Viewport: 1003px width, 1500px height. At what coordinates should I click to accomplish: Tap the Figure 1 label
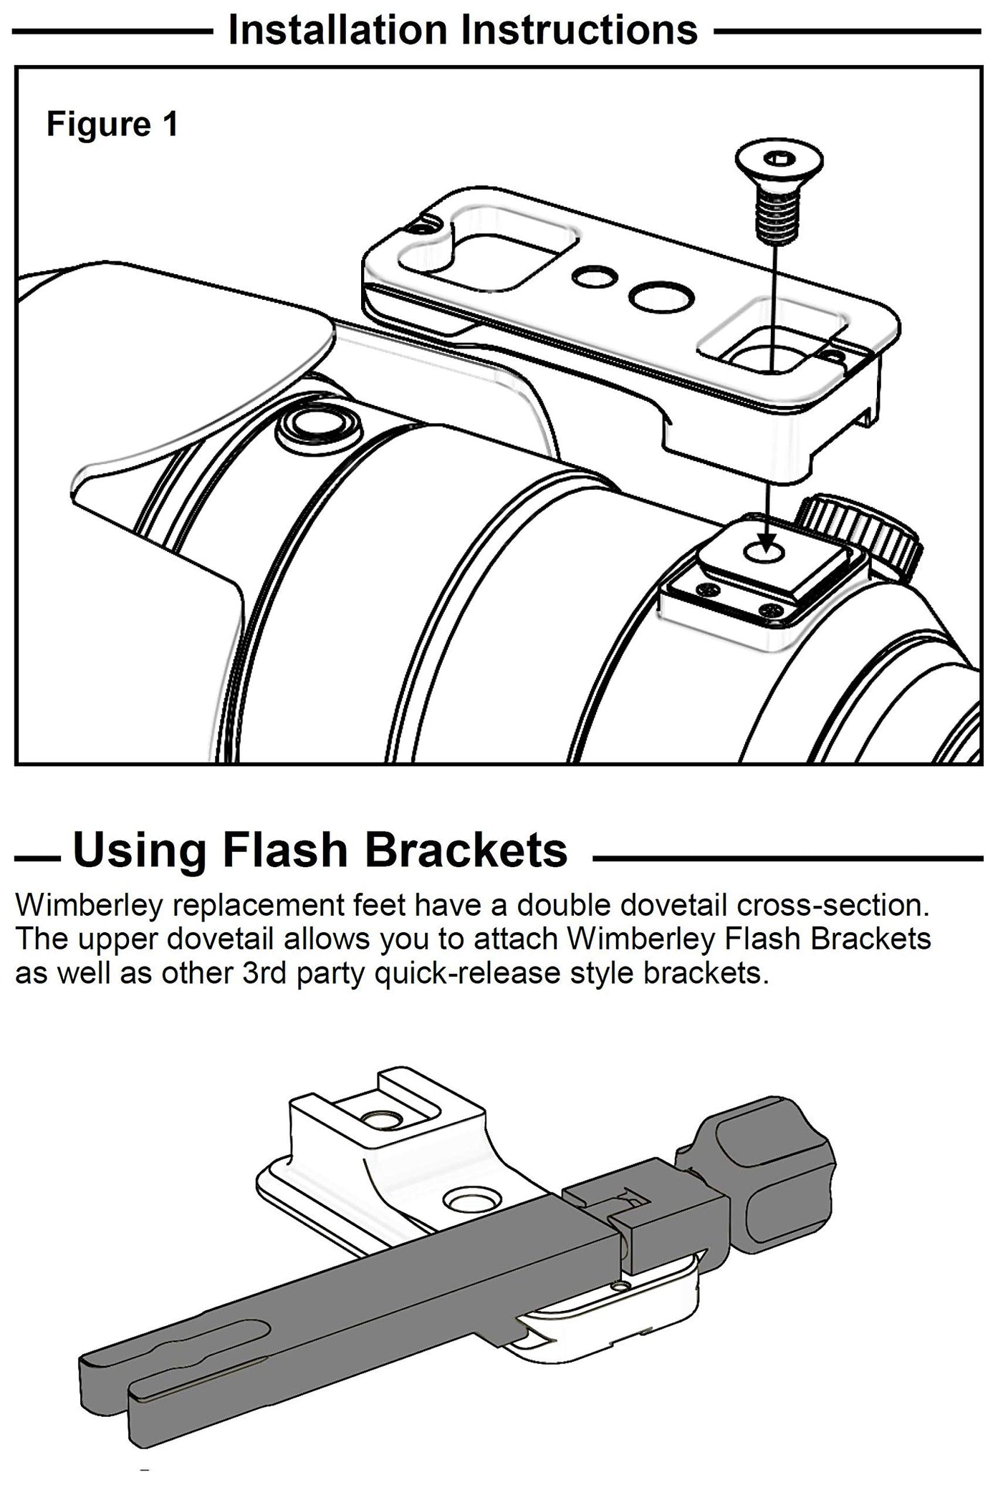pyautogui.click(x=112, y=124)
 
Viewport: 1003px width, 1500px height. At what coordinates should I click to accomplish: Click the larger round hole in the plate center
pyautogui.click(x=661, y=295)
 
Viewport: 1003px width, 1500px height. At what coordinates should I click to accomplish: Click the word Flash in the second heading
pyautogui.click(x=289, y=849)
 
